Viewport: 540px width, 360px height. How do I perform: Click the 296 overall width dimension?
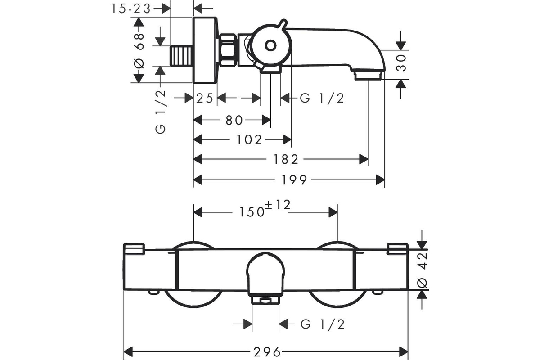pyautogui.click(x=267, y=352)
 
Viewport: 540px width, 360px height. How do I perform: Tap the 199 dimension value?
pyautogui.click(x=294, y=180)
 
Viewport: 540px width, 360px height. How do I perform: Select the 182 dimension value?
pyautogui.click(x=286, y=159)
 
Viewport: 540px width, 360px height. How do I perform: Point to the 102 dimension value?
pyautogui.click(x=249, y=139)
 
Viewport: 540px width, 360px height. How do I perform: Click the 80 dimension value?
pyautogui.click(x=234, y=120)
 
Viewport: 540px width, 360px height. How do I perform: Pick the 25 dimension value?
pyautogui.click(x=205, y=99)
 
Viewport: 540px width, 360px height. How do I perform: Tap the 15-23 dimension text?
pyautogui.click(x=131, y=9)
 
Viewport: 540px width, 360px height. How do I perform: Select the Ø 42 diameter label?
pyautogui.click(x=422, y=270)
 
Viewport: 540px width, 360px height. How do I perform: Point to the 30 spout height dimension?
pyautogui.click(x=401, y=63)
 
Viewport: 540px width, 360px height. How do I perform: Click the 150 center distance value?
pyautogui.click(x=252, y=212)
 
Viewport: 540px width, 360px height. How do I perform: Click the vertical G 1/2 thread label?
pyautogui.click(x=161, y=112)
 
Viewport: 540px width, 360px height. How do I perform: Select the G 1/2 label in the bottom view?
pyautogui.click(x=323, y=324)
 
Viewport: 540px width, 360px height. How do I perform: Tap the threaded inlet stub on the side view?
pyautogui.click(x=182, y=56)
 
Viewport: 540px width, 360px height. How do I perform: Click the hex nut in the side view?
pyautogui.click(x=228, y=50)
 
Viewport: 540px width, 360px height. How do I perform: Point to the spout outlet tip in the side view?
pyautogui.click(x=368, y=74)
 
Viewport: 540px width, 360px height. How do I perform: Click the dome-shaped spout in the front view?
pyautogui.click(x=265, y=275)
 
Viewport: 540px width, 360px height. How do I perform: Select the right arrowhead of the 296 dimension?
pyautogui.click(x=404, y=352)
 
